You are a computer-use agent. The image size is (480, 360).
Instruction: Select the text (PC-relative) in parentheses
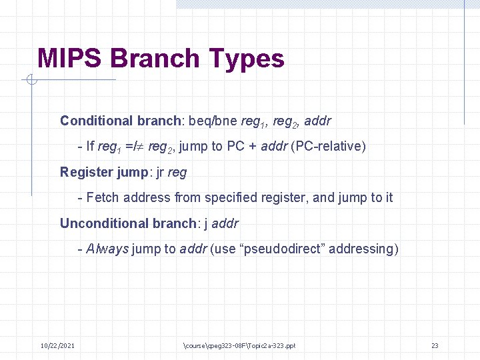329,146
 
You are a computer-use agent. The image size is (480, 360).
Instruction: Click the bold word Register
87,172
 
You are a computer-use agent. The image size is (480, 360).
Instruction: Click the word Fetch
103,197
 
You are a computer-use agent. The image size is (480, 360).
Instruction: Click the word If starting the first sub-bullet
91,146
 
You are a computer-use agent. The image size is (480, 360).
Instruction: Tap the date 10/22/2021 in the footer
57,345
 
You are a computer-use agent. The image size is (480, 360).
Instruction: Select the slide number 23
434,345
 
